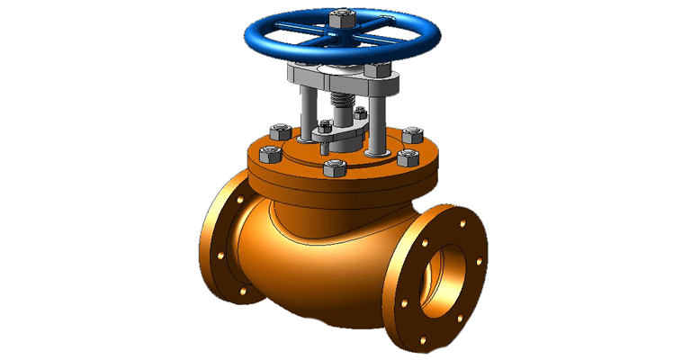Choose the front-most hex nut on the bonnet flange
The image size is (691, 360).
[x=334, y=168]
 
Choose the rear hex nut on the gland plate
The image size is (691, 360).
[x=360, y=113]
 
